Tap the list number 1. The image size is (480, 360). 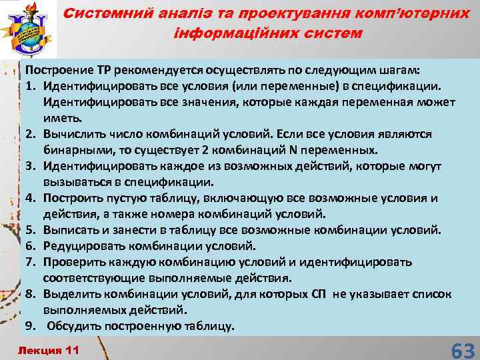[30, 86]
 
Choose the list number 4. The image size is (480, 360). [30, 198]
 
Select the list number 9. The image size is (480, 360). [30, 326]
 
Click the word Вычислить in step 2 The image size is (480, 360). [73, 134]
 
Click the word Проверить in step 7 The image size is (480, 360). [73, 262]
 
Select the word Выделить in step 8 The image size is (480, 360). [71, 294]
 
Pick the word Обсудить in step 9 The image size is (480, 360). [75, 326]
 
